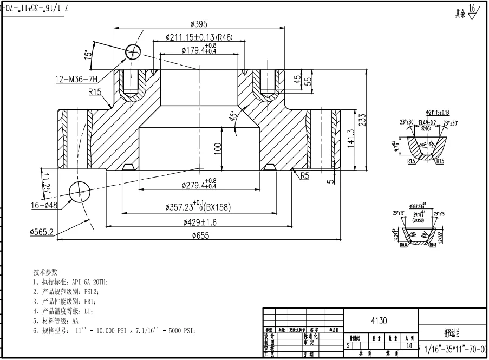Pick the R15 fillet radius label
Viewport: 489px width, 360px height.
pos(95,92)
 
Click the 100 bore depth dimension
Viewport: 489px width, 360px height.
pos(218,149)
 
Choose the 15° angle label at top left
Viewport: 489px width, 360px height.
pos(87,55)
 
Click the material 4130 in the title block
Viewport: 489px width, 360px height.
pos(379,320)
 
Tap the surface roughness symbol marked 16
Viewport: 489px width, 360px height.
pos(473,11)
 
